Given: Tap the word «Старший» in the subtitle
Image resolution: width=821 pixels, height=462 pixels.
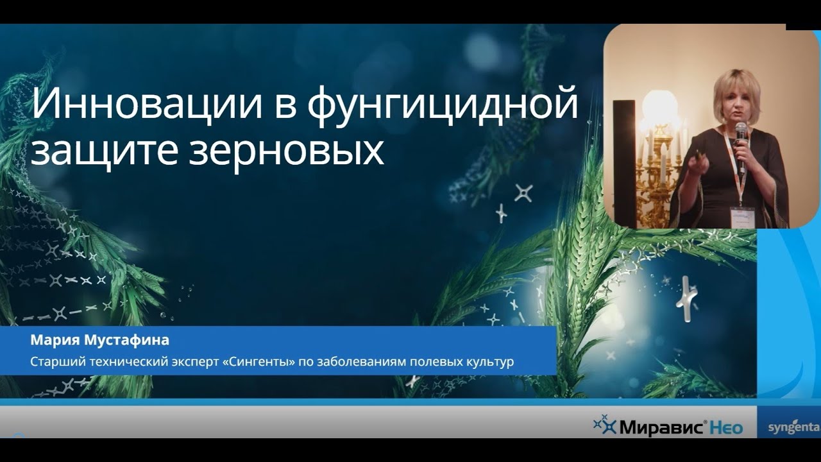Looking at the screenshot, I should [x=54, y=362].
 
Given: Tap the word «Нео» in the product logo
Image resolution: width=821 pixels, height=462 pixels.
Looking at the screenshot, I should [x=727, y=427].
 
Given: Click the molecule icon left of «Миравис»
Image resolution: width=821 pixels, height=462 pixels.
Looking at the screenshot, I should [x=604, y=424].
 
